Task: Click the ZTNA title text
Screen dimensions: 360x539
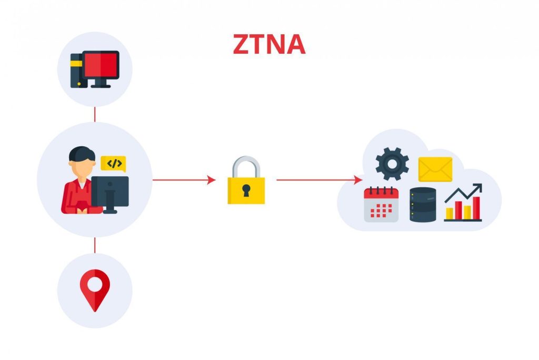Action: (269, 45)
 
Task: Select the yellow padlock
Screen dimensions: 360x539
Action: (246, 189)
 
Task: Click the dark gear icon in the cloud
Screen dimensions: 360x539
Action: (392, 164)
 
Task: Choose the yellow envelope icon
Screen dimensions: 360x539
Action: (435, 169)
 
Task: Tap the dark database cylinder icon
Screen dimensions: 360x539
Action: (423, 205)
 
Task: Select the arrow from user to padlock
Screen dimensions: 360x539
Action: (184, 180)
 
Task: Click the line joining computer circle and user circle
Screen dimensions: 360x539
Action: (95, 114)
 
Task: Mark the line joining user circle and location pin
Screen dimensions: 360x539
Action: (95, 245)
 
